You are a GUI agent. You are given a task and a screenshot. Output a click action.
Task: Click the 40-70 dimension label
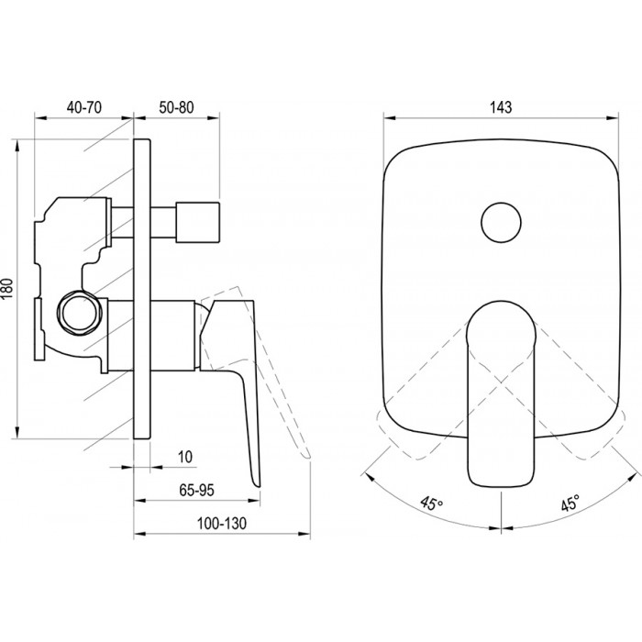(84, 107)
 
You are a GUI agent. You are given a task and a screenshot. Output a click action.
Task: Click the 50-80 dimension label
(176, 107)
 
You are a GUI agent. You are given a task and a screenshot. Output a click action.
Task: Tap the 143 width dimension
(501, 107)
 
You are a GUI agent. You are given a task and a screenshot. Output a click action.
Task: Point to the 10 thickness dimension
(185, 457)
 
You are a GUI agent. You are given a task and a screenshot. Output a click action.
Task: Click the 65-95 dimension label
(196, 490)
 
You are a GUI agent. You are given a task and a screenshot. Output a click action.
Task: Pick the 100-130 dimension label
(222, 524)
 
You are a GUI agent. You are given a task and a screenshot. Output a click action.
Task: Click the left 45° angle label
(432, 504)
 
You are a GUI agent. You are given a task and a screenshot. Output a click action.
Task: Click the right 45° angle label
(570, 503)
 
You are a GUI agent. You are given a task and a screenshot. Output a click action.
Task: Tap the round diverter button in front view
(501, 223)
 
